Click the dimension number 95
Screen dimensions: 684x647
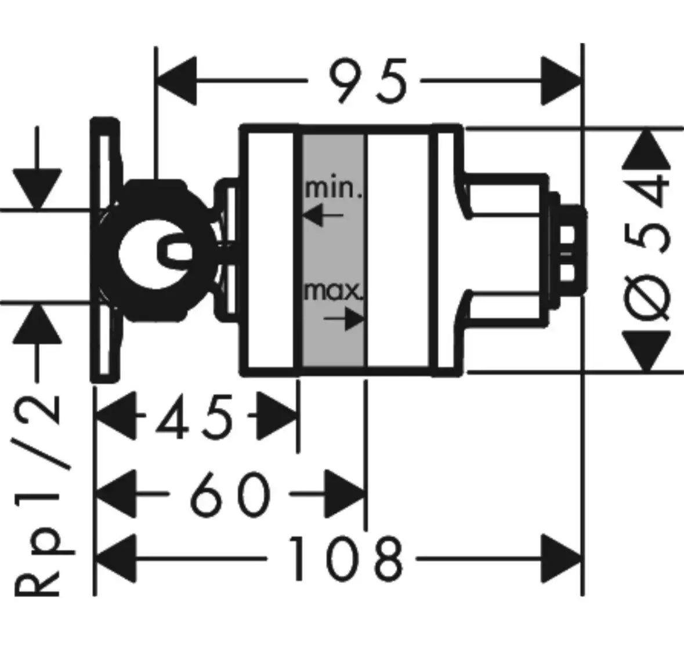[368, 81]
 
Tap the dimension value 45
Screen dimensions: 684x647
[194, 416]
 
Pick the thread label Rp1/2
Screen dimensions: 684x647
[38, 495]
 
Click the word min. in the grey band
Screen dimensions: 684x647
[333, 189]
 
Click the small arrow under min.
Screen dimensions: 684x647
[323, 215]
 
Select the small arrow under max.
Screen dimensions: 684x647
[344, 318]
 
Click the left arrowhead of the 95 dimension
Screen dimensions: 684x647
[176, 81]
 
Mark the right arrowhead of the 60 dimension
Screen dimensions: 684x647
[345, 494]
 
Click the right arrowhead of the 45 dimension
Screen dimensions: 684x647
[277, 416]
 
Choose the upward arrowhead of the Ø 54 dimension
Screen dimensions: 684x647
[646, 149]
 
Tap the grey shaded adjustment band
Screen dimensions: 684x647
[333, 250]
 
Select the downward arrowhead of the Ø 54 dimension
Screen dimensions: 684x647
[646, 351]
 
